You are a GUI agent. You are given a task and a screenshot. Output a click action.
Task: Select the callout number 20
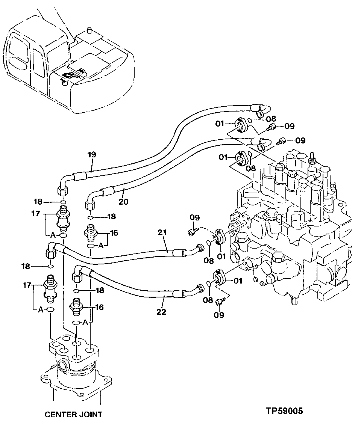point(124,202)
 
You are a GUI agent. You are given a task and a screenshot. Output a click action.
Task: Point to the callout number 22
point(161,311)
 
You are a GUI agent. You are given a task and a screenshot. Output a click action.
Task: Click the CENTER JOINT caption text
point(73,415)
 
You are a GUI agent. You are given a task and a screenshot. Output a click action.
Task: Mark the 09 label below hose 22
point(219,315)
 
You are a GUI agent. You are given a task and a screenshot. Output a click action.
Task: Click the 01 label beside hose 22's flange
point(238,281)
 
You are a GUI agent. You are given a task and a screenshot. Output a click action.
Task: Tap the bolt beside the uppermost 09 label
point(271,128)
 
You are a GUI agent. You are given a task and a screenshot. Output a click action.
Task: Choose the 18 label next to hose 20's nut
point(111,217)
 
